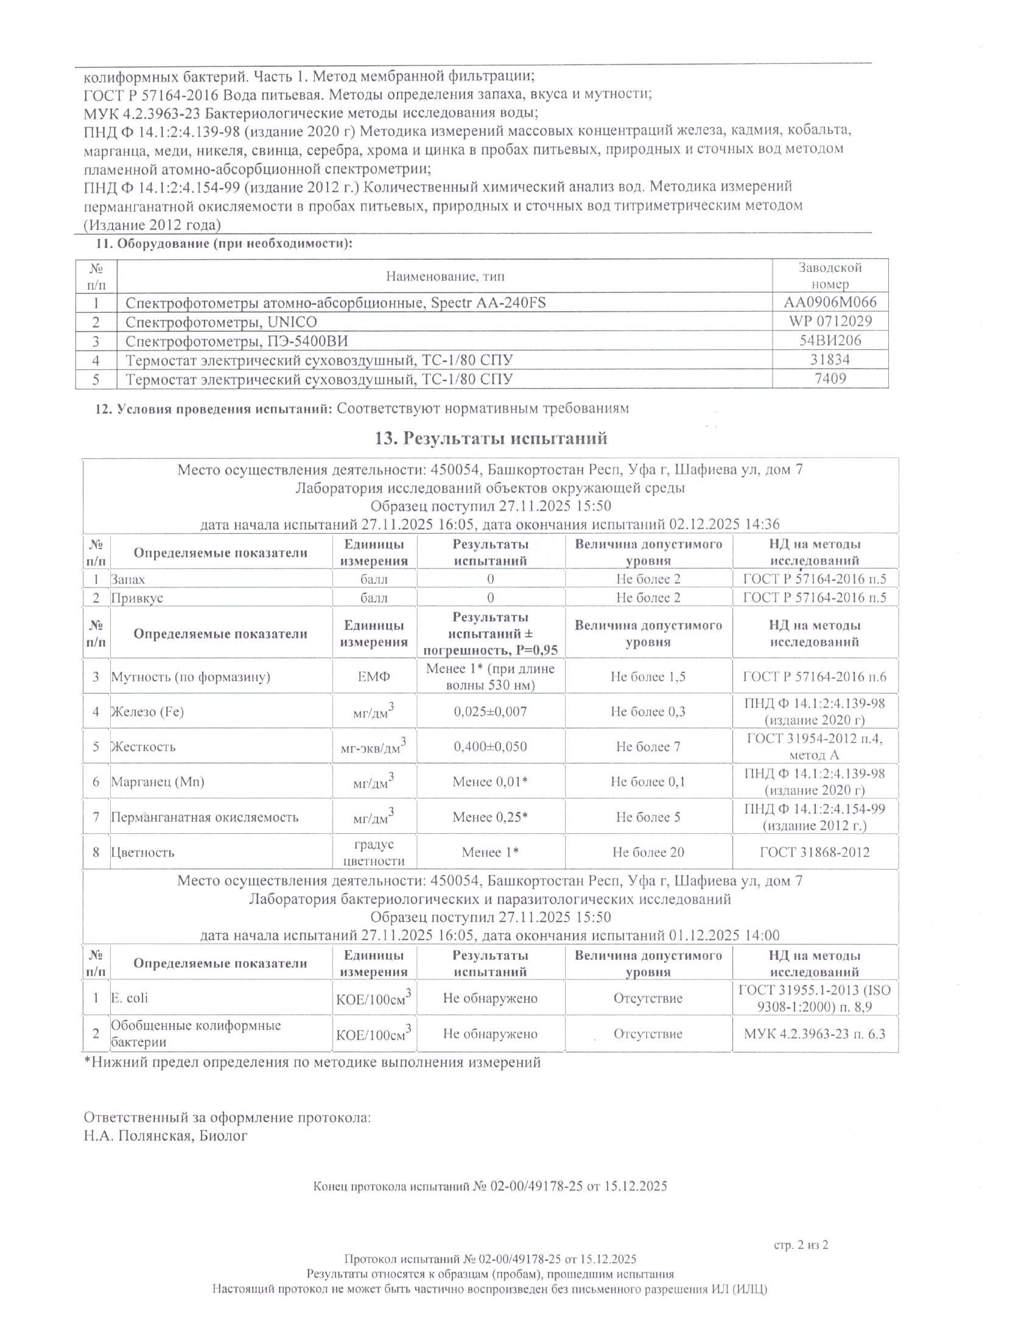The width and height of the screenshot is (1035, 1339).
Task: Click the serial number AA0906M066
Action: pyautogui.click(x=830, y=302)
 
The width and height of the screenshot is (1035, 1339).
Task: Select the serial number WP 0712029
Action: pyautogui.click(x=830, y=321)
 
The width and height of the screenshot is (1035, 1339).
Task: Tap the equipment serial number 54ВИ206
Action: pyautogui.click(x=830, y=340)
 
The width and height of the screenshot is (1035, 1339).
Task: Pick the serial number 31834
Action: pyautogui.click(x=830, y=360)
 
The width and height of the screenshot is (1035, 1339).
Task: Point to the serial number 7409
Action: pyautogui.click(x=830, y=379)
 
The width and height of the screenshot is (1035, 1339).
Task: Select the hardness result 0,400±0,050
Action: pyautogui.click(x=490, y=747)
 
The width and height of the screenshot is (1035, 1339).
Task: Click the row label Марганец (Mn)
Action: pyautogui.click(x=158, y=781)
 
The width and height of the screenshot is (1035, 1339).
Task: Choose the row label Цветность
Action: pyautogui.click(x=143, y=852)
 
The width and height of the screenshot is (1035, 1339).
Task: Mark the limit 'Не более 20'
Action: pyautogui.click(x=648, y=852)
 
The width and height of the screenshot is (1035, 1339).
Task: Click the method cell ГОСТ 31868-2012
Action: pyautogui.click(x=814, y=852)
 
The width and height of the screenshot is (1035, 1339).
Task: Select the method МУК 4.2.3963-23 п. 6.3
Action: pyautogui.click(x=814, y=1033)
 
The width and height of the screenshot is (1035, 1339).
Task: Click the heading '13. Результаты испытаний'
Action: pyautogui.click(x=491, y=438)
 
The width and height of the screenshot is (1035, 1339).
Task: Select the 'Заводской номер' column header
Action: pyautogui.click(x=830, y=275)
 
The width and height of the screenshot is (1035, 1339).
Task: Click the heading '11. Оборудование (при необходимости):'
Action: pyautogui.click(x=225, y=244)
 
